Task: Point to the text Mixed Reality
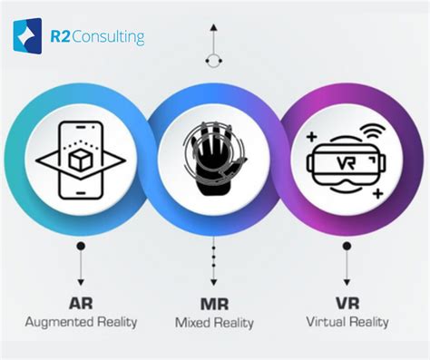point(215,323)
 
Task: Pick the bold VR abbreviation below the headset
point(348,302)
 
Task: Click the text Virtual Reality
point(348,321)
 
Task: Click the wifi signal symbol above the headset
point(369,131)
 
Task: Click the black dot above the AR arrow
point(81,246)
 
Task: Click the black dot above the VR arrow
point(348,246)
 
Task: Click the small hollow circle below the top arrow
point(213,60)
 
